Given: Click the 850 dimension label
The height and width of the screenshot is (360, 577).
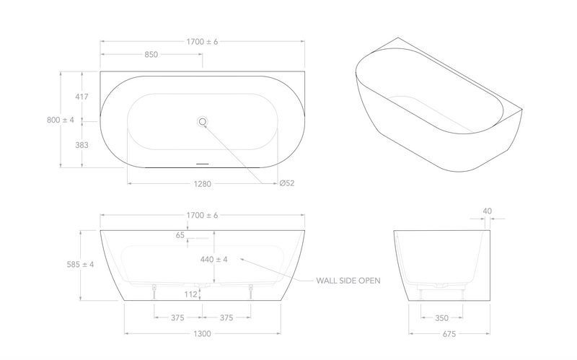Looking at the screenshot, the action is coord(151,55).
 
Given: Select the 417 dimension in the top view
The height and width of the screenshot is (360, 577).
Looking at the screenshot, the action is coord(82,97).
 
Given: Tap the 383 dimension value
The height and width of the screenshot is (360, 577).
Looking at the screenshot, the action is coord(82,145).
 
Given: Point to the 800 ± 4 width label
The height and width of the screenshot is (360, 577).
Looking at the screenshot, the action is coord(61,120).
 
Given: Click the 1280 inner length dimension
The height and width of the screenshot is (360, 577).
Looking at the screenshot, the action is coord(203,184).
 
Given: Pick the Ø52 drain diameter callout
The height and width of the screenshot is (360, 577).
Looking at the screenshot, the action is coord(287,183).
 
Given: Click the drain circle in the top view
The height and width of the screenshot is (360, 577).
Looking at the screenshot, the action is coord(202,121).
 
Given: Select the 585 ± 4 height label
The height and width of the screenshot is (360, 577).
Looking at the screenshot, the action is coord(80,264).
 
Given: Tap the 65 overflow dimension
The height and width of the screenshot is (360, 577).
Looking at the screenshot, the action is coord(180,235).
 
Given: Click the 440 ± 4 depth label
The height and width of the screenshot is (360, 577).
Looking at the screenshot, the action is coord(213,260).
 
